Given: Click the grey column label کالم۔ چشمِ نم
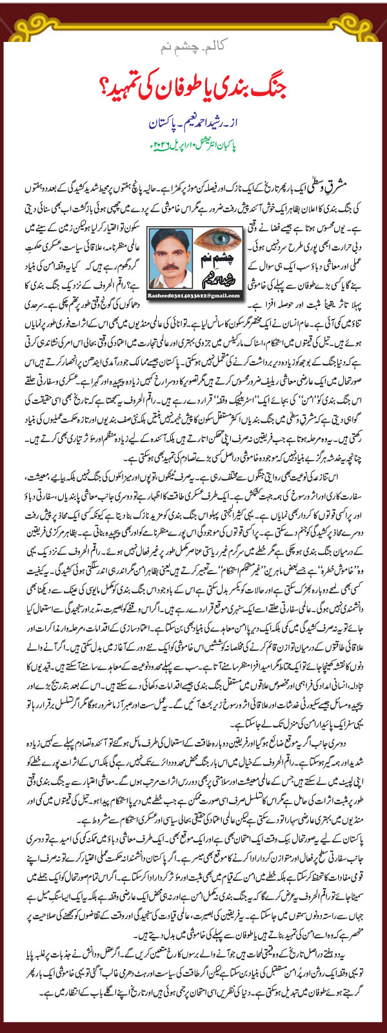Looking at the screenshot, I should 194,50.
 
